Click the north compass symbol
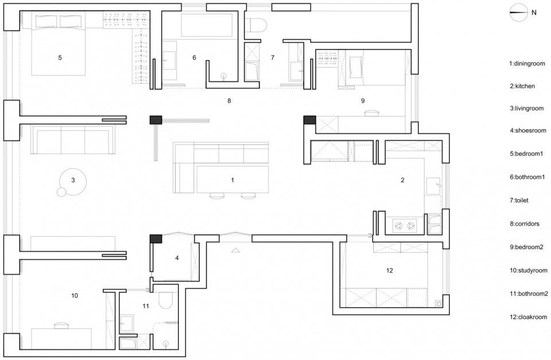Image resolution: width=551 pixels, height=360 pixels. point(519,13)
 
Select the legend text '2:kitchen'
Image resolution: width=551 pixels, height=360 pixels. point(522,86)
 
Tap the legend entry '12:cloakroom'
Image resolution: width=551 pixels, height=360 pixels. point(529,317)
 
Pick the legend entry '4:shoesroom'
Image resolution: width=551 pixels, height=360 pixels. point(528,130)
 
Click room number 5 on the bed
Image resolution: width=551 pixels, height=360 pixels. point(60,57)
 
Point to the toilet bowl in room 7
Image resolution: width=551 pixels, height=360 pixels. point(255,25)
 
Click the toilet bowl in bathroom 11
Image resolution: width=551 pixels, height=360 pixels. point(165,299)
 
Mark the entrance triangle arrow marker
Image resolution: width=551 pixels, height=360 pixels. point(235,250)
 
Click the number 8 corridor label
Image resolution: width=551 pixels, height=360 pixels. point(229,101)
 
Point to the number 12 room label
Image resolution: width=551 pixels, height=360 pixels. point(389,270)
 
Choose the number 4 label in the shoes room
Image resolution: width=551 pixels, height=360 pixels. point(177,258)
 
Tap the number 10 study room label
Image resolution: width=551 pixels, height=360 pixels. point(75,296)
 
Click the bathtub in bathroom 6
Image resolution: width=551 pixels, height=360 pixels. point(207,25)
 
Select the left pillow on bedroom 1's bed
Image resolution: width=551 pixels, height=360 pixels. point(46,21)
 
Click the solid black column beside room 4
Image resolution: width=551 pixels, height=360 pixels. point(156,239)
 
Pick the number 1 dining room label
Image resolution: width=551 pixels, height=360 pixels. point(232,180)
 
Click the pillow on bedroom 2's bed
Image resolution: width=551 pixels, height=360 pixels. point(356,68)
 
